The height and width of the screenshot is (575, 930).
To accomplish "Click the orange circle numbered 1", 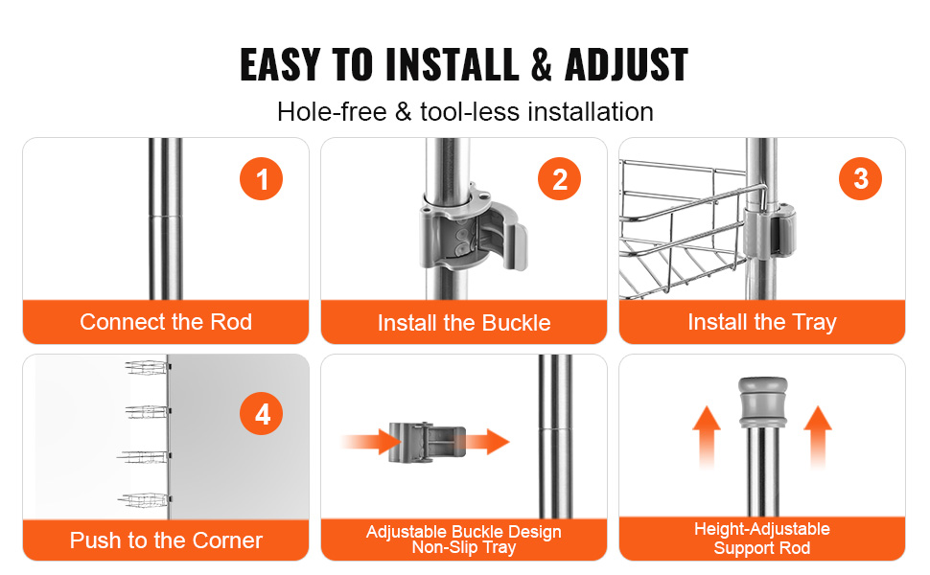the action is (x=261, y=179).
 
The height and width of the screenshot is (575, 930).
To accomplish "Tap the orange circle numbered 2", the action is (x=559, y=179).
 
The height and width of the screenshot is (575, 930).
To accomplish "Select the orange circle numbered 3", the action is (x=860, y=179).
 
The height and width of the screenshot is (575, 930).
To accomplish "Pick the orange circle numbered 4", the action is (x=261, y=414).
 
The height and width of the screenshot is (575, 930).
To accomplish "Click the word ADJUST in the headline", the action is (x=626, y=64).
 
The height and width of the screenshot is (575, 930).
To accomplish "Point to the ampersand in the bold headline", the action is (x=541, y=64).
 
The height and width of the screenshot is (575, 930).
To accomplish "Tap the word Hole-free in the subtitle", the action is (x=332, y=112).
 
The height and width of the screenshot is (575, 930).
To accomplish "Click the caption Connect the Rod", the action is (x=166, y=322).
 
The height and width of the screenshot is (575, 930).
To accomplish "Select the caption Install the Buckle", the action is (x=464, y=323).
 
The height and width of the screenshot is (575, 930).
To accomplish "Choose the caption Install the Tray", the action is (x=762, y=322).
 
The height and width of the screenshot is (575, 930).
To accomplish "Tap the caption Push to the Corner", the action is (x=166, y=540).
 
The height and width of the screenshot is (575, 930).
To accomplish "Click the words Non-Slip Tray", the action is (x=464, y=547).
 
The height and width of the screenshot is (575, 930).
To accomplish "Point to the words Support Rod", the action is (x=762, y=548).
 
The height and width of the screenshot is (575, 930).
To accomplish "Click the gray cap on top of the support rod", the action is (x=763, y=402).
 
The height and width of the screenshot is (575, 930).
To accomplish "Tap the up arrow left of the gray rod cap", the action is (x=707, y=437).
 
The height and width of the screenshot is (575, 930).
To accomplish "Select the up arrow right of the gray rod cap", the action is (x=818, y=437).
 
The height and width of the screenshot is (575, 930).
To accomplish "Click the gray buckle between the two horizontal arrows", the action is (x=427, y=442).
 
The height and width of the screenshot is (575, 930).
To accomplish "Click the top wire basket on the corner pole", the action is (x=147, y=368).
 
